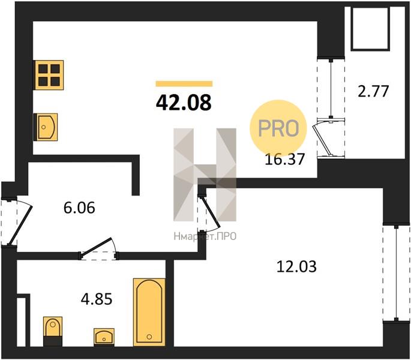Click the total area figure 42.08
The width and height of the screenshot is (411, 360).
pos(184,103)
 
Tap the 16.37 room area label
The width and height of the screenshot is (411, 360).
pos(285,159)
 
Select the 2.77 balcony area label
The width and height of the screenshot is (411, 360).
pos(373,91)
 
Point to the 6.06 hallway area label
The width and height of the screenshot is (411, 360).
pos(79,208)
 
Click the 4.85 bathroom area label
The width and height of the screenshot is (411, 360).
pos(97,299)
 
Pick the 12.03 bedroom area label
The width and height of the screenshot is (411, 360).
pos(296,266)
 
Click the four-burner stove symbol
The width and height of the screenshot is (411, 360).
pos(49,75)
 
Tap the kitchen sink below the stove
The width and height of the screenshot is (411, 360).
pos(46,127)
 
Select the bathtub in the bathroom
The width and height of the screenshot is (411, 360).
pos(149,312)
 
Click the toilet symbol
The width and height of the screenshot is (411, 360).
pos(53,331)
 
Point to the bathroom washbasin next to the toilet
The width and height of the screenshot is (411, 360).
pos(104,337)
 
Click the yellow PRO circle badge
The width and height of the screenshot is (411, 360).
pos(278,128)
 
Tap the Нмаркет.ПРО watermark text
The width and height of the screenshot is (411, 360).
pos(205,236)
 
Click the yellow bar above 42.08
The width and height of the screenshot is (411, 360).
pos(184,83)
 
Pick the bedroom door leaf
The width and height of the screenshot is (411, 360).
pos(212,211)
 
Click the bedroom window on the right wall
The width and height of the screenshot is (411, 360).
pos(397,272)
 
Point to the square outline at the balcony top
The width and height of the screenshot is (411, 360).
pos(371,28)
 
